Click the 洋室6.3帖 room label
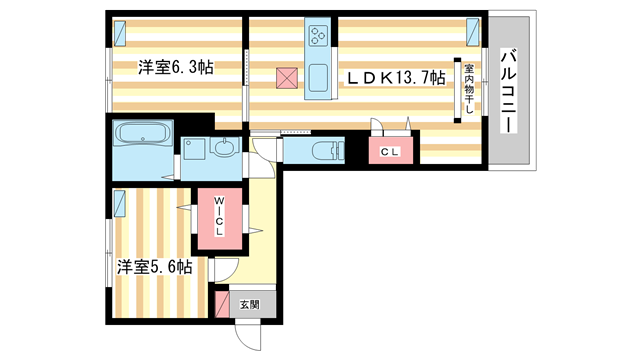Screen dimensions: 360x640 click(176, 68)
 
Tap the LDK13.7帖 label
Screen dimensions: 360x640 click(396, 79)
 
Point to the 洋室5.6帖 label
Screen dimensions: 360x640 click(154, 267)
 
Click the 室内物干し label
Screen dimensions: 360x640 click(467, 89)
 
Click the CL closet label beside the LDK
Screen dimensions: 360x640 click(390, 152)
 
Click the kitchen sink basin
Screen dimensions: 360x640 click(320, 76)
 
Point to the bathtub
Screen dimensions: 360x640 click(144, 134)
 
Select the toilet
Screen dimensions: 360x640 click(319, 151)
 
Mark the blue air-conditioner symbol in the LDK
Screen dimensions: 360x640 click(474, 32)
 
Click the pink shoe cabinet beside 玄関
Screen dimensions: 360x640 click(221, 303)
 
